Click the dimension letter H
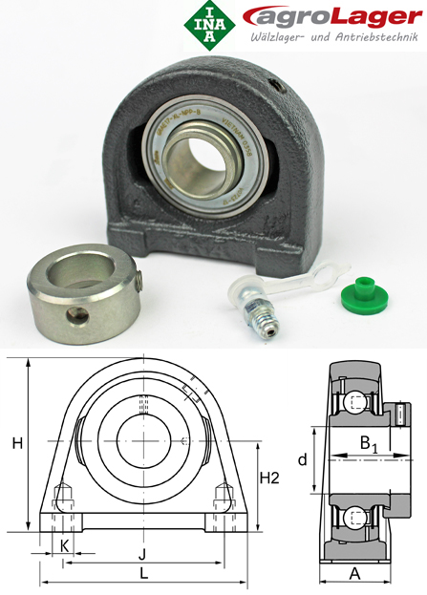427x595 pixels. [x=16, y=442]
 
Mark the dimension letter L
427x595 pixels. [x=143, y=573]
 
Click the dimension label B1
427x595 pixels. [x=369, y=444]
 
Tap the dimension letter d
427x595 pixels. [x=302, y=460]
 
